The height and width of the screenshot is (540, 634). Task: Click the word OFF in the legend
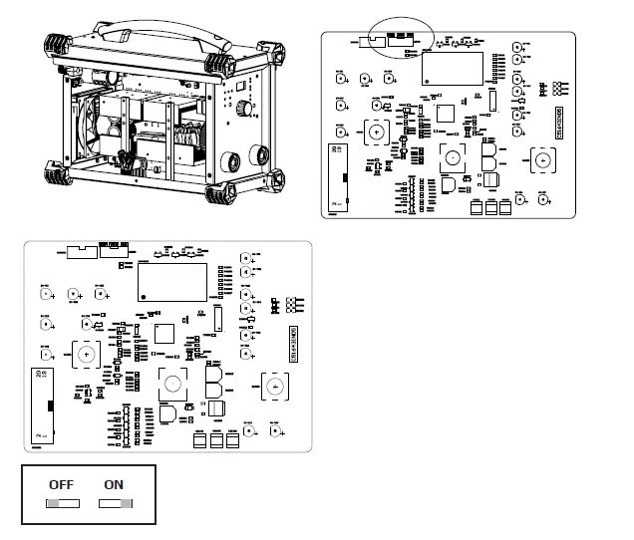coord(61,484)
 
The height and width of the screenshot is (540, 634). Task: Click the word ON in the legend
coord(114,484)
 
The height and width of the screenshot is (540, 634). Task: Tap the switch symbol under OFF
coord(62,503)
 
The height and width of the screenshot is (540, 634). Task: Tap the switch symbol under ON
coord(115,503)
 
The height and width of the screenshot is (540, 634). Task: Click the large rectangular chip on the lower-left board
coord(171,282)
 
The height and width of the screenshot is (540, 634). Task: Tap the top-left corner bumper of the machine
coord(59,46)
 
